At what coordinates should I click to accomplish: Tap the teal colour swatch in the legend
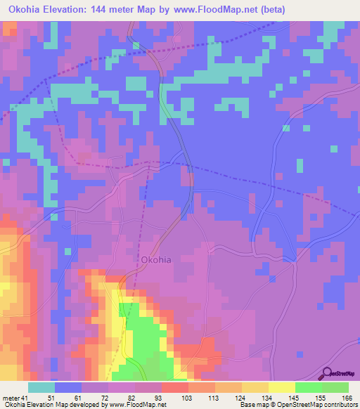point(41,387)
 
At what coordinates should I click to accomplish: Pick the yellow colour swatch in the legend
point(281,387)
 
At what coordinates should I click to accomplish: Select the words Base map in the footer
point(252,405)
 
